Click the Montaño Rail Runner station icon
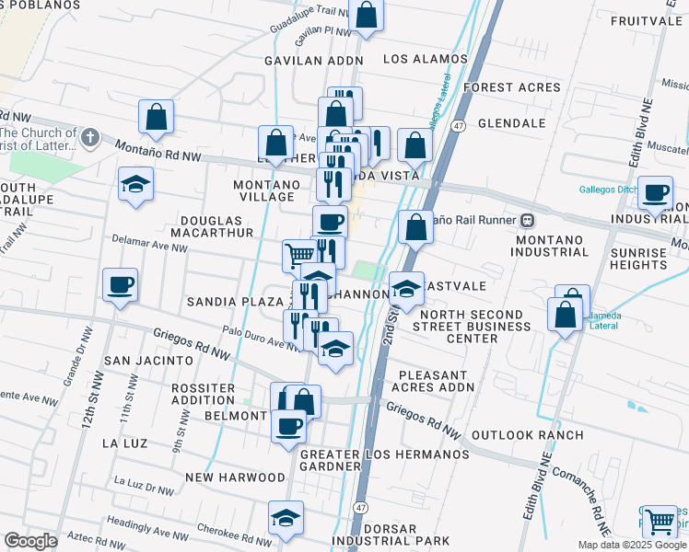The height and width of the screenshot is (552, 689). [x=529, y=221]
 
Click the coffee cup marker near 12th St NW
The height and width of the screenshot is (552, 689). [x=120, y=286]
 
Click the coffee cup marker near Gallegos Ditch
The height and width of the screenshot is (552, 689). [x=655, y=193]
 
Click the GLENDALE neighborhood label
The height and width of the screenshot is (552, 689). [x=512, y=123]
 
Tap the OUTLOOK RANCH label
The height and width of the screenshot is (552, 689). [x=527, y=434]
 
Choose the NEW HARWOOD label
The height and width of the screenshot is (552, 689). [x=235, y=477]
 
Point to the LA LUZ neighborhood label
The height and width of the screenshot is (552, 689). [x=125, y=443]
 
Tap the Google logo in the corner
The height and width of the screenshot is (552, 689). [x=30, y=541]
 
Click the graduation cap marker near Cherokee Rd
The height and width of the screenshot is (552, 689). [x=286, y=518]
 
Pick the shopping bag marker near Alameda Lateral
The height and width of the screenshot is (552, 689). [x=565, y=312]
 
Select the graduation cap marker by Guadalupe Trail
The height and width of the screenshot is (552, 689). [x=134, y=184]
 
